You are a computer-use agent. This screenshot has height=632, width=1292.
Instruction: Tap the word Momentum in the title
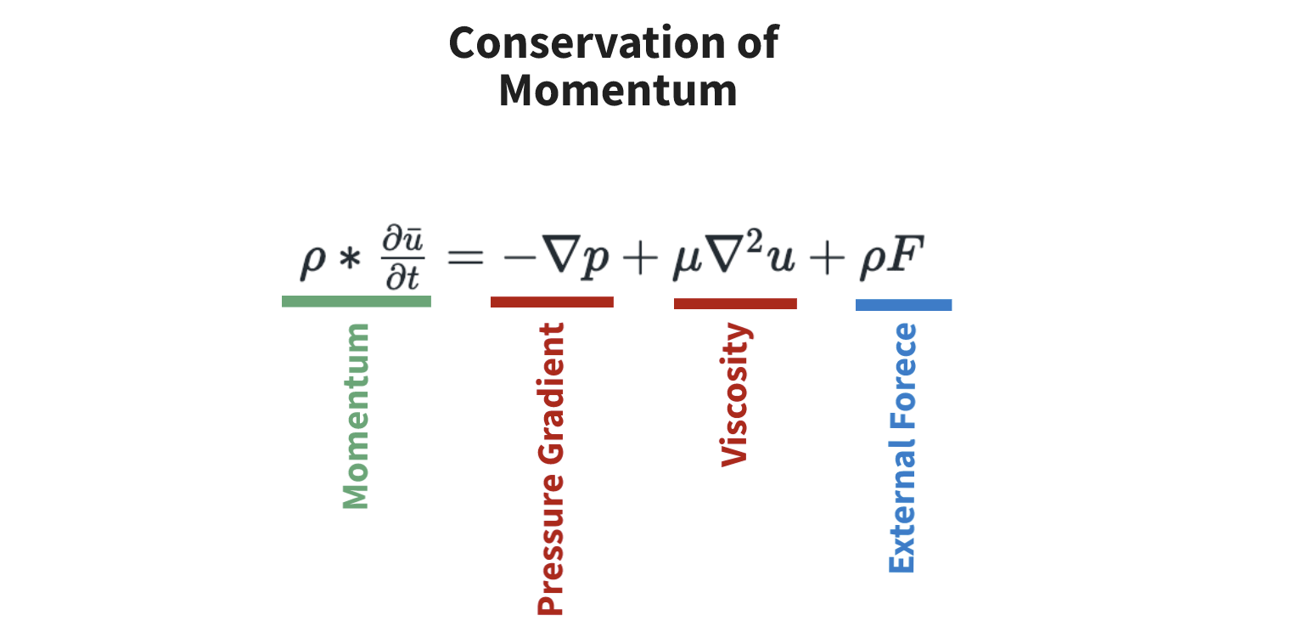617,91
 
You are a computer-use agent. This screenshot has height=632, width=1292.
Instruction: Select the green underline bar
357,301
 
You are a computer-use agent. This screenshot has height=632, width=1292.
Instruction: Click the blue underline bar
903,304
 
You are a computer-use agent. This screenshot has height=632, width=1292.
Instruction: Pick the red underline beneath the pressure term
552,302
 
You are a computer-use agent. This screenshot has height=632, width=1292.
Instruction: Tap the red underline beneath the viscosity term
735,303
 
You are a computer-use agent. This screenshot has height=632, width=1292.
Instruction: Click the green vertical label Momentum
357,416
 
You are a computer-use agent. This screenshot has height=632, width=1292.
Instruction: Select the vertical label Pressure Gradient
551,468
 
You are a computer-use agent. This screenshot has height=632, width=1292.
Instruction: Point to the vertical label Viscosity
735,395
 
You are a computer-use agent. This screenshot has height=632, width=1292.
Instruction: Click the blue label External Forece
902,448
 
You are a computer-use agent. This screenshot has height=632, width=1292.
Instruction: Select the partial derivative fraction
402,258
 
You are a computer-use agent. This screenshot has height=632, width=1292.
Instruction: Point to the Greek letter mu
684,262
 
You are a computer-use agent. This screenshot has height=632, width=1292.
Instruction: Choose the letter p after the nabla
597,262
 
